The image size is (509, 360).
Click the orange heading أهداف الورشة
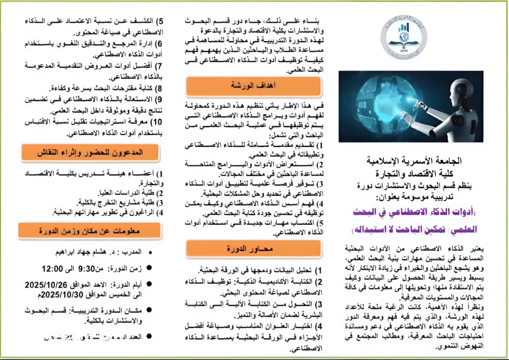[253, 86]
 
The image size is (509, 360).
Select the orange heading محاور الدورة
[254, 249]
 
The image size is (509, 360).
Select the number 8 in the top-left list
[159, 88]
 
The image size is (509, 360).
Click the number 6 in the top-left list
[159, 44]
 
